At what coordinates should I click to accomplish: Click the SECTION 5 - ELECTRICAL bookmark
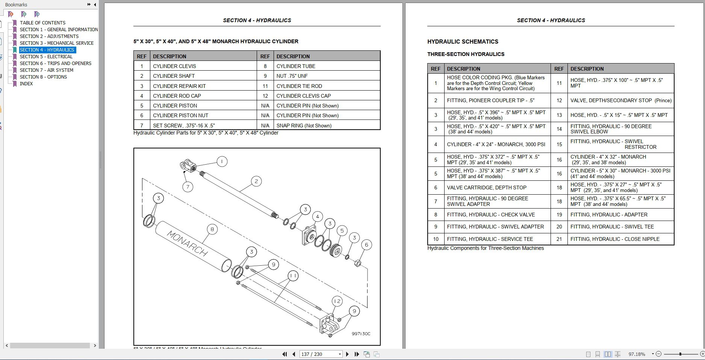point(46,56)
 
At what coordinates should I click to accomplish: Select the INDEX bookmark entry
point(26,83)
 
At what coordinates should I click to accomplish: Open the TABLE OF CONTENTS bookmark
point(42,23)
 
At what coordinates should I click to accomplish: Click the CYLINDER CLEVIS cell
point(174,66)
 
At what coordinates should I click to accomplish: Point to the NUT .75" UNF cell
point(292,76)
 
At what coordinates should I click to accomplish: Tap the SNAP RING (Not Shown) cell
point(304,126)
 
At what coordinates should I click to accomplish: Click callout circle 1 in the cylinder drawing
point(222,162)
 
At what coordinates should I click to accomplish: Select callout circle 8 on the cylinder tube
point(212,229)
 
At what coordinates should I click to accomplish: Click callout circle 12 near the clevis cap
point(337,301)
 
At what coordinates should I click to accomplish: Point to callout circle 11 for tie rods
point(293,276)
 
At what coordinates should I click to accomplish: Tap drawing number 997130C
point(361,334)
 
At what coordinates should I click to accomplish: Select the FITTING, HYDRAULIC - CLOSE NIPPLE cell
point(615,239)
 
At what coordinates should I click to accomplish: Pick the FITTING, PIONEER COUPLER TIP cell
point(490,100)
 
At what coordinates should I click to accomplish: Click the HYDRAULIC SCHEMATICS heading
point(463,42)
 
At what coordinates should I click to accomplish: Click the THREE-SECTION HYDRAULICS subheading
point(466,54)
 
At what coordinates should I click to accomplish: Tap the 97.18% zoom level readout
point(637,354)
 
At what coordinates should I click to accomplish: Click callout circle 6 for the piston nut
point(366,245)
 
